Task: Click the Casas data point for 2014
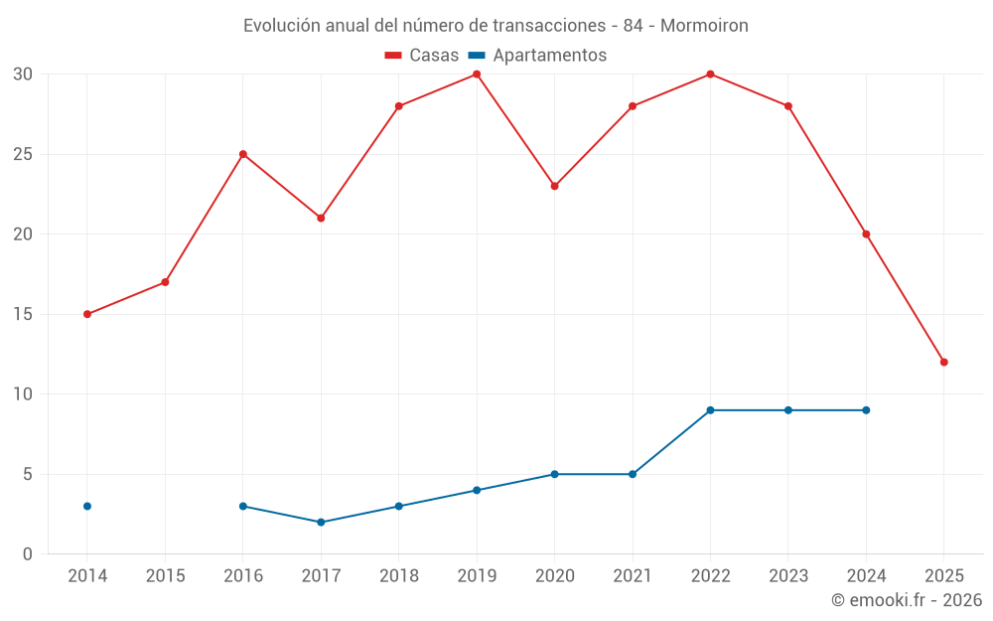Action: click(87, 314)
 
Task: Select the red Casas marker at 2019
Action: click(477, 75)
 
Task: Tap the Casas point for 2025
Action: click(943, 362)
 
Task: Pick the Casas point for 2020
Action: click(554, 186)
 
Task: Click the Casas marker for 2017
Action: click(321, 218)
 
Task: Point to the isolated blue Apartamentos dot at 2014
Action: click(87, 506)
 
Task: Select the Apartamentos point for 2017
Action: click(321, 522)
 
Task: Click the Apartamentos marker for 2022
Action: click(710, 410)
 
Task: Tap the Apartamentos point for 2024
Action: click(866, 410)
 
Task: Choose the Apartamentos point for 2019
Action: click(477, 490)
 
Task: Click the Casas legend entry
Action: click(422, 56)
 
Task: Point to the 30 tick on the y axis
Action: click(23, 75)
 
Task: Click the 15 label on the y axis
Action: click(23, 314)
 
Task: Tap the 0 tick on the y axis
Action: click(28, 553)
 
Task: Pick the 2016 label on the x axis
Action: click(243, 576)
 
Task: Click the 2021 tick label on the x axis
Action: click(633, 576)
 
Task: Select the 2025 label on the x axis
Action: click(943, 576)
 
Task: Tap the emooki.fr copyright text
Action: click(907, 600)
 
